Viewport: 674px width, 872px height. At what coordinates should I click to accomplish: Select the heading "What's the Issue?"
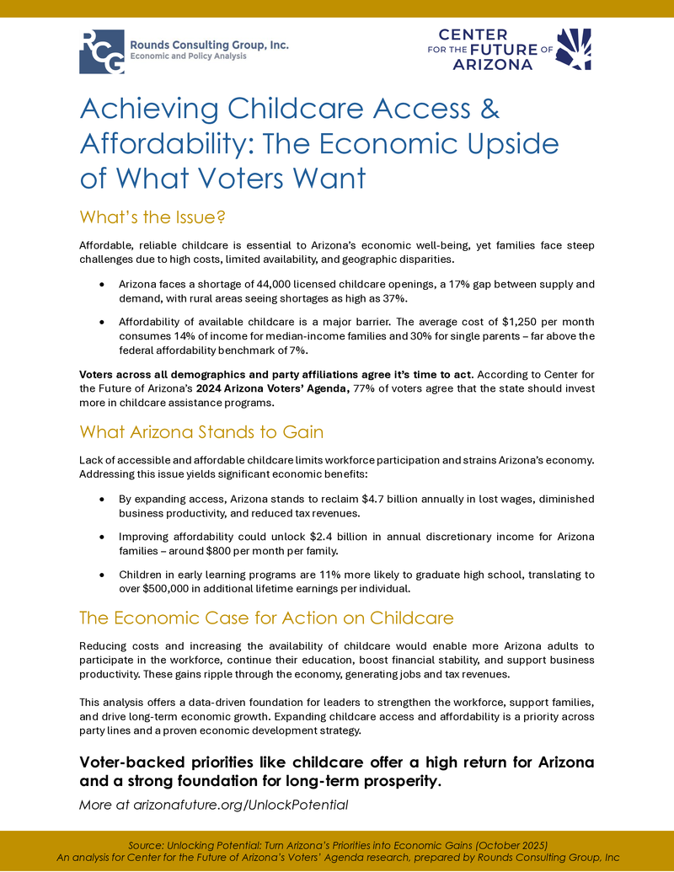click(152, 217)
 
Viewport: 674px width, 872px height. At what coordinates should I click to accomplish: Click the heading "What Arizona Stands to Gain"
click(201, 431)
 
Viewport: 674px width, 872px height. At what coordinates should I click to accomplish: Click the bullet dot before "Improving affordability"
click(102, 538)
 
